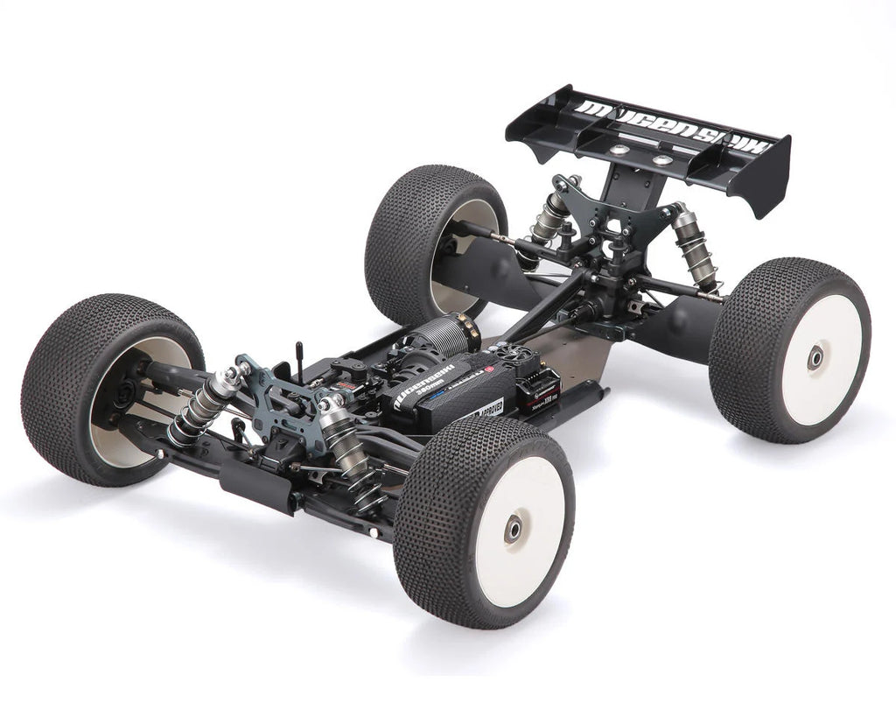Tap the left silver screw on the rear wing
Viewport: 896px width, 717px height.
point(619,150)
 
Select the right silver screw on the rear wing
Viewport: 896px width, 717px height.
point(662,160)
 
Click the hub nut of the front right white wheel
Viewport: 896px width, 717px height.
point(513,528)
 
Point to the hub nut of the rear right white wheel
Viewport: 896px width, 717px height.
point(815,356)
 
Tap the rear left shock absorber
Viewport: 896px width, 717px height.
point(551,214)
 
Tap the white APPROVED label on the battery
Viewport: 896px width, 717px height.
point(486,409)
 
